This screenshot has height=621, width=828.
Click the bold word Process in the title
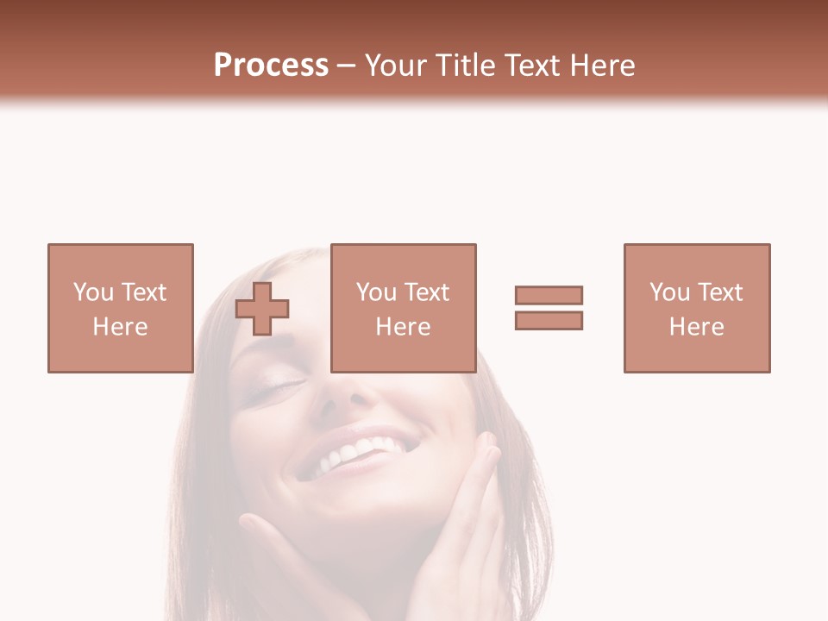[x=271, y=66]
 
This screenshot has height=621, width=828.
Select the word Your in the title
[x=398, y=66]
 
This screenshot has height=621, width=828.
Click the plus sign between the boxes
[x=262, y=309]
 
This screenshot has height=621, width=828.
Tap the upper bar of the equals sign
[x=549, y=295]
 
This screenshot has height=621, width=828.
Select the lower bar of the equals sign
[x=549, y=320]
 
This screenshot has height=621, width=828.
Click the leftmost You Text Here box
[x=120, y=308]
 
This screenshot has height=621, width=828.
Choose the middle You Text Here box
[x=403, y=308]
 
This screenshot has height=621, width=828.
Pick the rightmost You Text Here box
[x=696, y=308]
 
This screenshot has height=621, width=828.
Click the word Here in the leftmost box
[x=120, y=327]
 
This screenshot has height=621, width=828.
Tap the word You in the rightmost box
[x=670, y=292]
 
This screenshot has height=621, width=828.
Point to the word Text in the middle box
[x=426, y=292]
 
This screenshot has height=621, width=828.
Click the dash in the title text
[x=347, y=66]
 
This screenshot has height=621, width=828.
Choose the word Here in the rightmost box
[x=696, y=327]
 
